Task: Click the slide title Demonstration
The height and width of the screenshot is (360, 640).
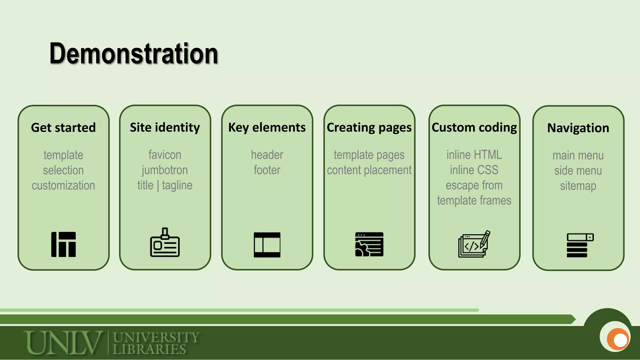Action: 134,54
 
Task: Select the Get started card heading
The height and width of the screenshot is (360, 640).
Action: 63,127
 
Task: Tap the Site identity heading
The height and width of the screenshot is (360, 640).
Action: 165,127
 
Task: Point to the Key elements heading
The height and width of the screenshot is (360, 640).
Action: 267,127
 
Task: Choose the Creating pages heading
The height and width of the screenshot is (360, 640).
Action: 369,127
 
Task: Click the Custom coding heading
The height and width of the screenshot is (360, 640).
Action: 474,127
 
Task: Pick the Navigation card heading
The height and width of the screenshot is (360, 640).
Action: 578,128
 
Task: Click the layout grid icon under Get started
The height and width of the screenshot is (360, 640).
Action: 63,244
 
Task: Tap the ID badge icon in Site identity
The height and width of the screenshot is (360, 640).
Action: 165,243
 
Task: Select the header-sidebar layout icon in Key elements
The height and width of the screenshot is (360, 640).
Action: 267,245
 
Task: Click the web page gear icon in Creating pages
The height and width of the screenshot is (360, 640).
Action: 369,244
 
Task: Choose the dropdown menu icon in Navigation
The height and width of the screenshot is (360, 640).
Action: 580,245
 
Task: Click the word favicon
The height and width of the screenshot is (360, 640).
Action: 165,155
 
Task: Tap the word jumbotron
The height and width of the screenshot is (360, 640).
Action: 165,170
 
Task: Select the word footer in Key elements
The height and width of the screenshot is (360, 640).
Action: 267,170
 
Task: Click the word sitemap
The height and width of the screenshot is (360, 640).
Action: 578,186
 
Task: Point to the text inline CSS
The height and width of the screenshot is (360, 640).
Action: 474,170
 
